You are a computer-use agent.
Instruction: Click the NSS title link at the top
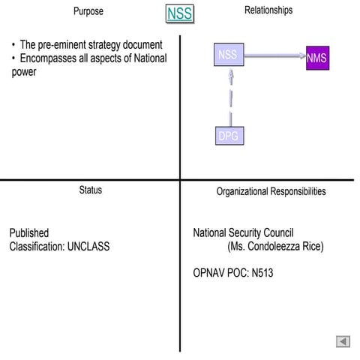point(179,13)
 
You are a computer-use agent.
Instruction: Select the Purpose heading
point(88,12)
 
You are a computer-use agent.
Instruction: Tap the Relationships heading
point(268,10)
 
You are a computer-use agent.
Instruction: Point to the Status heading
point(91,190)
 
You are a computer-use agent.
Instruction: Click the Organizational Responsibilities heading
point(271,192)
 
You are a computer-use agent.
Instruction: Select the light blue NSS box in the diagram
point(229,55)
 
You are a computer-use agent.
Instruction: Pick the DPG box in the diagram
point(229,136)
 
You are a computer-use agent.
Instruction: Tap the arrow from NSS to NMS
point(274,55)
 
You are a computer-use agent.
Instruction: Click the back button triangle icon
point(343,341)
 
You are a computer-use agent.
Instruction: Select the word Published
point(29,232)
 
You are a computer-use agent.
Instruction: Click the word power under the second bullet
point(24,72)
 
